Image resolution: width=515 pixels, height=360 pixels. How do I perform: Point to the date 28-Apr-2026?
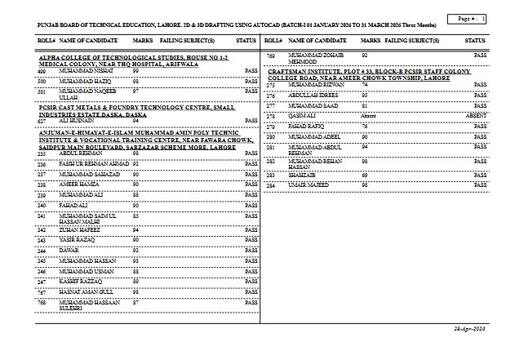click(469, 327)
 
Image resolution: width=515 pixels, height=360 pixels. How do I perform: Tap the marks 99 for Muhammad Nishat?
click(135, 72)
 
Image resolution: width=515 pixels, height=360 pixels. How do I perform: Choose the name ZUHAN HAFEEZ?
click(78, 230)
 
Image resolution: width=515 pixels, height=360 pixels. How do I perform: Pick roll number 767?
click(42, 291)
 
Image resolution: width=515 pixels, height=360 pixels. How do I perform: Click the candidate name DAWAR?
click(69, 250)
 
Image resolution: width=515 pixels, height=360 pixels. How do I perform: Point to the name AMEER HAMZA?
click(78, 184)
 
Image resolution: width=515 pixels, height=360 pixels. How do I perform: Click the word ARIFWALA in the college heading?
click(186, 65)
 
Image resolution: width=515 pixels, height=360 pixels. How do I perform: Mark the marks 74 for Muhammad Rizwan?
click(365, 84)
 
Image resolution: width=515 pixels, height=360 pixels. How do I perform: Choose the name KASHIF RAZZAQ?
click(81, 281)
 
